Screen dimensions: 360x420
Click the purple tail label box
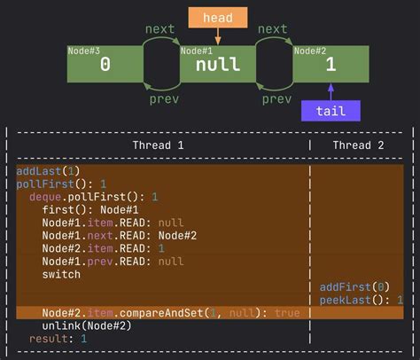click(x=331, y=110)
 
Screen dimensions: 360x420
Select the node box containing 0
click(x=105, y=64)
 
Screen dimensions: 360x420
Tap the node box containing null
click(x=218, y=65)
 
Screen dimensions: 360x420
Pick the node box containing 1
click(x=331, y=65)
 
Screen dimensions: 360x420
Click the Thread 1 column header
click(x=158, y=145)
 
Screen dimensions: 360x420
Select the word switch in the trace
click(x=61, y=274)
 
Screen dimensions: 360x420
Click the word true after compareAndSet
click(x=287, y=313)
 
